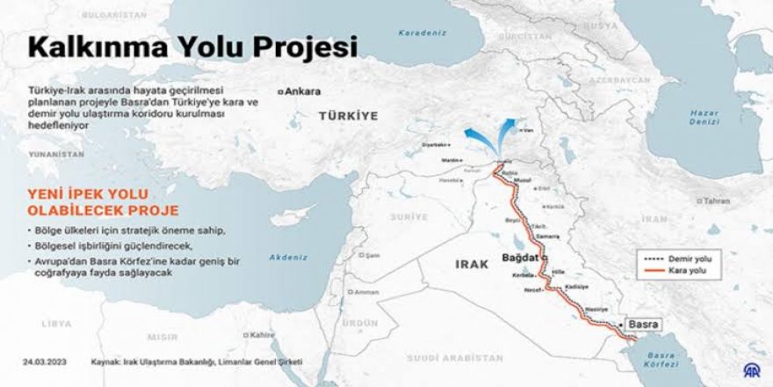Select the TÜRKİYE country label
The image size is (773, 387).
[x=348, y=115]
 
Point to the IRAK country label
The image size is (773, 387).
[x=471, y=264]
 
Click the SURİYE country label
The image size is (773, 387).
[x=408, y=216]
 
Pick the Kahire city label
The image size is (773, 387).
[x=261, y=335]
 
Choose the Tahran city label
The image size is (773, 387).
[x=718, y=201]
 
